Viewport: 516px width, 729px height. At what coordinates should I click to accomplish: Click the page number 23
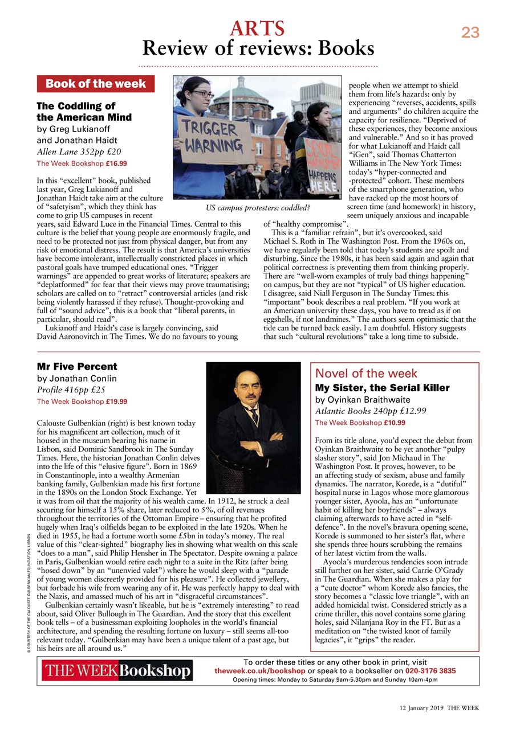[470, 32]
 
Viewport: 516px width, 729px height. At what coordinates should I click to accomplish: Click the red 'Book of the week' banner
[95, 84]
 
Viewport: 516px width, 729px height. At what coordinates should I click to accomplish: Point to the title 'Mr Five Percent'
[77, 366]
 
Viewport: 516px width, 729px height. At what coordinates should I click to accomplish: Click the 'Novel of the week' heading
[366, 374]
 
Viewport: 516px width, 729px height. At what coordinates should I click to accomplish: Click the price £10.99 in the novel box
[394, 423]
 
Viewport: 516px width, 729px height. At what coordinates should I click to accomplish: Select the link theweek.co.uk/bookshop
[259, 671]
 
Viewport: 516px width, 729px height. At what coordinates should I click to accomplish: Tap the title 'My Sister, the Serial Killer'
[382, 388]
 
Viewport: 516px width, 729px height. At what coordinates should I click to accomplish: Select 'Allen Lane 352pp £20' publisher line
[79, 151]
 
